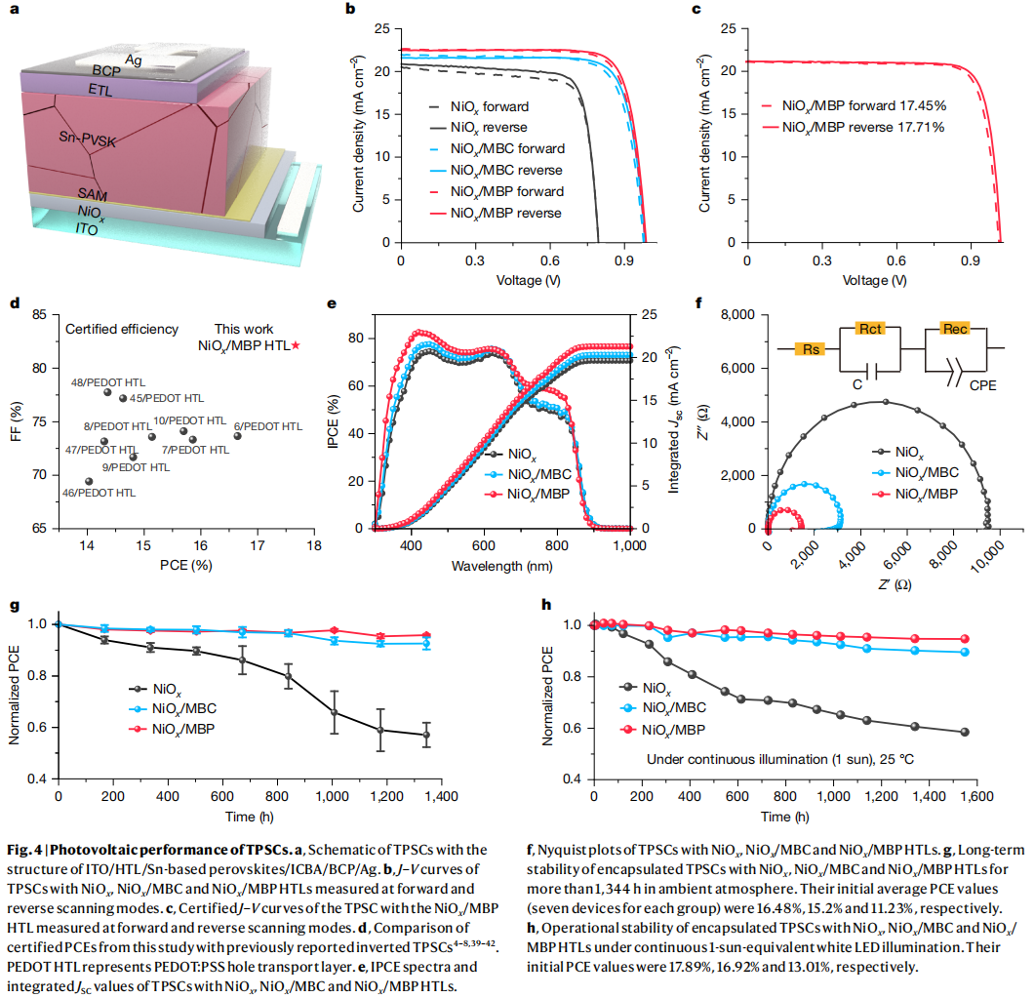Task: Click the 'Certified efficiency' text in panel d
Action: click(x=122, y=330)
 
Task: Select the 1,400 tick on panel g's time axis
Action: click(x=441, y=798)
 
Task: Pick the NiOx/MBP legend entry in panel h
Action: click(x=673, y=729)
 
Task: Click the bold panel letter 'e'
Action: click(x=332, y=302)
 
